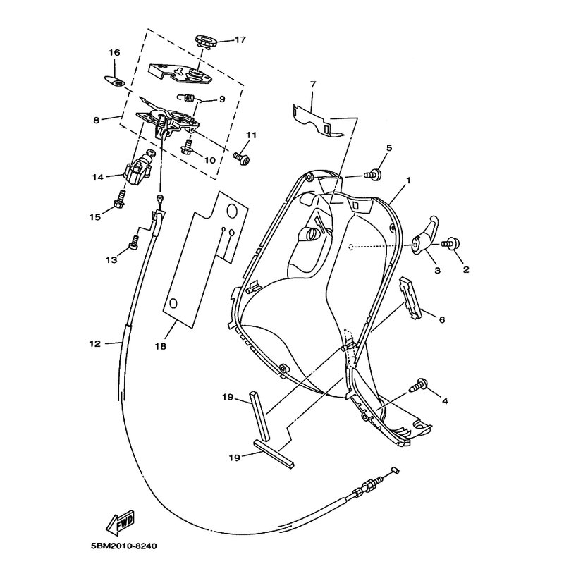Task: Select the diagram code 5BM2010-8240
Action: tap(124, 546)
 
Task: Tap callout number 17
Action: tap(240, 39)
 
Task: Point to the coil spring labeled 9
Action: tap(188, 97)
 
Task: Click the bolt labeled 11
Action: tap(242, 159)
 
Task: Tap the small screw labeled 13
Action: tap(133, 242)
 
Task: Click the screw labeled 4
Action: tap(419, 386)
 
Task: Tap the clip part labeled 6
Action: tap(411, 298)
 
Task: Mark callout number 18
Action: tap(161, 346)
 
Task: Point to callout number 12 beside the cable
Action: tap(94, 344)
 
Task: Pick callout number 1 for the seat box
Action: tap(408, 180)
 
